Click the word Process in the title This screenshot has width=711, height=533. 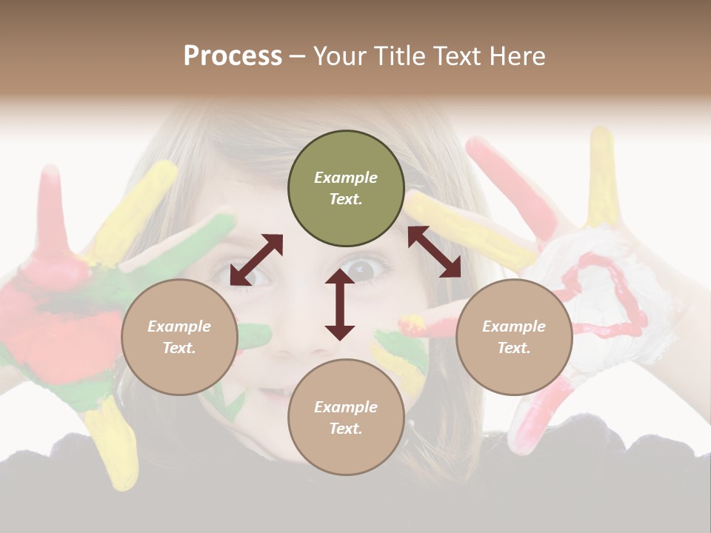pos(233,56)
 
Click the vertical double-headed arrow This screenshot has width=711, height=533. pos(340,305)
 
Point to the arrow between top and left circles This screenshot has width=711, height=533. pos(256,259)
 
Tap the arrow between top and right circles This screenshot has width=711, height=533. pos(434,252)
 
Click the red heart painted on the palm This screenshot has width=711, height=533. pos(601,296)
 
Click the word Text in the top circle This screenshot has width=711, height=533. pos(346,199)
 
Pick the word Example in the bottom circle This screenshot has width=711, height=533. pos(346,407)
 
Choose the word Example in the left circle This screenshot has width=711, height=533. pos(179,326)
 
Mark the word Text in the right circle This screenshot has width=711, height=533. pos(514,348)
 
